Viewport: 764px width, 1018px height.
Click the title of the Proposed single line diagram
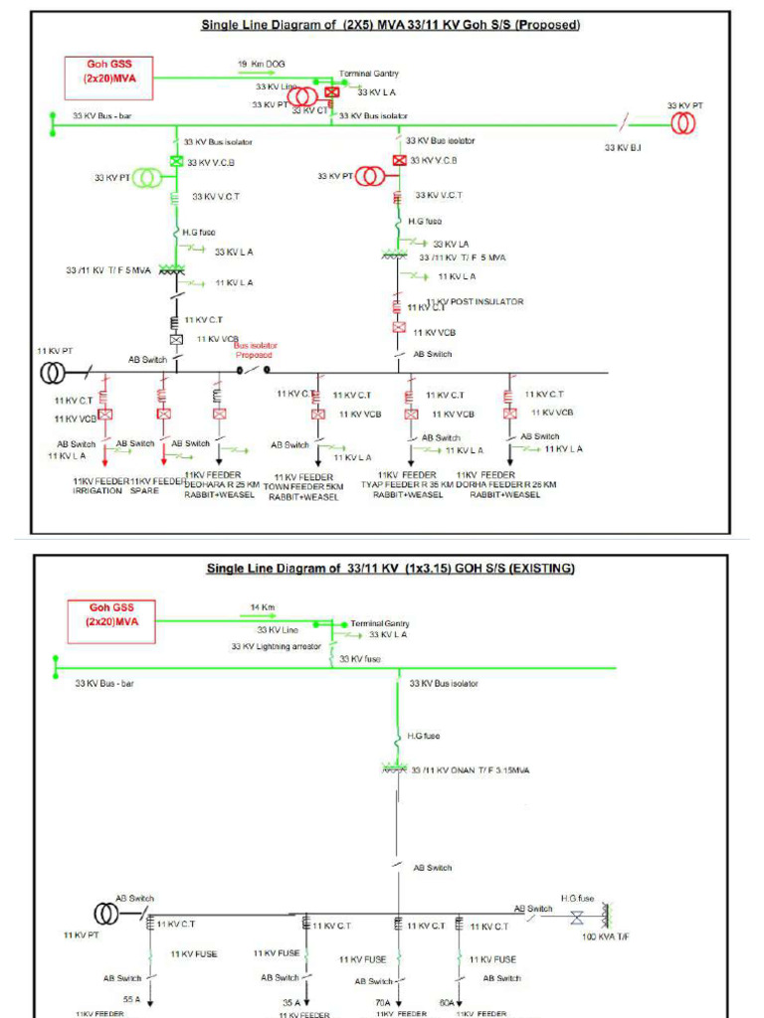(391, 25)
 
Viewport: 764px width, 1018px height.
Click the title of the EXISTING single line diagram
(390, 569)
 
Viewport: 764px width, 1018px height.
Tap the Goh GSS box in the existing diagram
(112, 614)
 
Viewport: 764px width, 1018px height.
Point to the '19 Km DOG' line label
(261, 64)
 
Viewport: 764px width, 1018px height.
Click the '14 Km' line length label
(263, 606)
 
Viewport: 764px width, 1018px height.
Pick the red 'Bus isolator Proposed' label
(253, 350)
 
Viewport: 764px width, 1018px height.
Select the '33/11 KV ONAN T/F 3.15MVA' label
(471, 768)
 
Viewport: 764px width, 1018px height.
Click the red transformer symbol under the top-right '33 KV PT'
(683, 123)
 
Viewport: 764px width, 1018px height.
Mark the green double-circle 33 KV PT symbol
(147, 178)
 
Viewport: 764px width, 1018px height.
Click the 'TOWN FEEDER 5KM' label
(303, 487)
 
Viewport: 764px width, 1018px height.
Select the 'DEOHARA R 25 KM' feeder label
(222, 484)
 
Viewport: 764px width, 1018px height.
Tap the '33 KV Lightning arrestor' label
(277, 646)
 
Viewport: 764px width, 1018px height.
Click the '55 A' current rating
(131, 998)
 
